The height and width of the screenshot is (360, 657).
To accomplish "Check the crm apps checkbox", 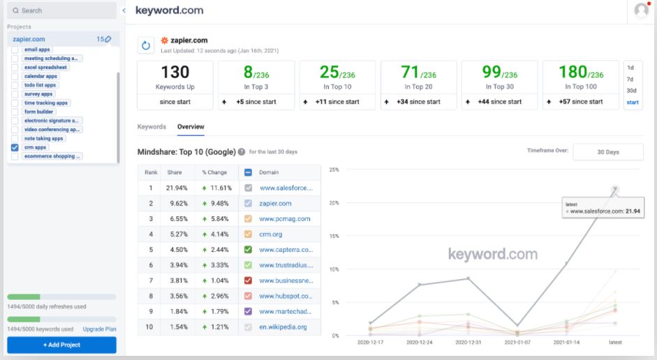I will (x=15, y=148).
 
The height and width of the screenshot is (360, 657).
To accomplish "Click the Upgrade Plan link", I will (x=99, y=329).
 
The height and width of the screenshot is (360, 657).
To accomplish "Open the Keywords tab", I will (x=152, y=127).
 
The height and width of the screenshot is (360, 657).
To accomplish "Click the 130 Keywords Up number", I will (x=175, y=72).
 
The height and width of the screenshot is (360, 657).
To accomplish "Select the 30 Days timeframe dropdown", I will (x=607, y=153).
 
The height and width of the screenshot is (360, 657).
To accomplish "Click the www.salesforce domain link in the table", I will (x=286, y=188).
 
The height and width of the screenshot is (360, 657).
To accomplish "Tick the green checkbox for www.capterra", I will (x=249, y=249).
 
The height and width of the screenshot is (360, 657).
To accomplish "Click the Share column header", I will (x=175, y=172).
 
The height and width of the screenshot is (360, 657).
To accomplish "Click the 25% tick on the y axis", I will (x=334, y=170).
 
